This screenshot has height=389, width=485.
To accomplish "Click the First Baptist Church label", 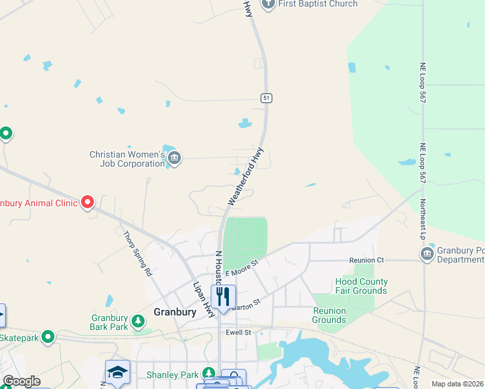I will click(318, 4).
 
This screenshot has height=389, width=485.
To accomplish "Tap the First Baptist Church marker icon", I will click(269, 4).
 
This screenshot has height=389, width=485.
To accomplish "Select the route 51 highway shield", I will click(266, 98).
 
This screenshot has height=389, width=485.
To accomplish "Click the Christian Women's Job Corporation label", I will click(128, 159).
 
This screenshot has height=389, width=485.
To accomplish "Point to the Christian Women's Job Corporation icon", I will click(174, 158).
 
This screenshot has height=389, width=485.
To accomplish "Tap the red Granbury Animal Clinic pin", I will click(88, 203).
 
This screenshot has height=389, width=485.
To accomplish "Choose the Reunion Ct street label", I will click(366, 260).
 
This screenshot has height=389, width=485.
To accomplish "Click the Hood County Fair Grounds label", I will click(361, 286).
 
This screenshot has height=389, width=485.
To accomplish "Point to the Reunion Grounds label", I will click(329, 316).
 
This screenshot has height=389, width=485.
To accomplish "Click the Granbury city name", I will click(174, 312).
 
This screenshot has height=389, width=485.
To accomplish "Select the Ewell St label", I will click(238, 333).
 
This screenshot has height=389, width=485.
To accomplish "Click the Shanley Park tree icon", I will click(209, 373).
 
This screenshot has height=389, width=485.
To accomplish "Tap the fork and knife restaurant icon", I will click(223, 297).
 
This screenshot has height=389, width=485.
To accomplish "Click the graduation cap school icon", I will click(117, 371).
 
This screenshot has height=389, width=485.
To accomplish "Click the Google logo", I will click(21, 381).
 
